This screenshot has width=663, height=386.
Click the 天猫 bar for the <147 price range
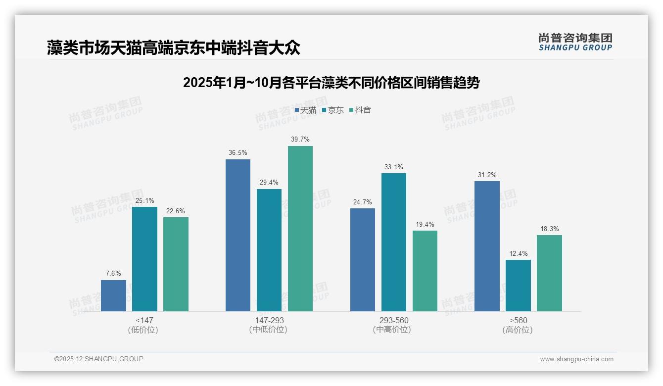pos(113,295)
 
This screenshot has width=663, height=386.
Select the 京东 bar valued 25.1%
pos(144,259)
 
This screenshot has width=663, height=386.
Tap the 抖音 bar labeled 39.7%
pos(300,229)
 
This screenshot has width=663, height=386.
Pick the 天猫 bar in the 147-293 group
pos(238,235)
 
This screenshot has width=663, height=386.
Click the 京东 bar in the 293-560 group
pos(394,242)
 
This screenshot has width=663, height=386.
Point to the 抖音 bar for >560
pos(549,273)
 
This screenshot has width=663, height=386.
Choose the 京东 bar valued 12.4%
pos(518,286)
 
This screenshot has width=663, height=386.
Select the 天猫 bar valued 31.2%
pos(487,246)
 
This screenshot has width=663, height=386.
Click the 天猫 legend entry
pos(305,110)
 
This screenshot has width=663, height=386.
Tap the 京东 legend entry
pos(333,110)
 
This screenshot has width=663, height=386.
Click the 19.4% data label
pos(425,225)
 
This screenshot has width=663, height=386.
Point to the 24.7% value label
pos(363,202)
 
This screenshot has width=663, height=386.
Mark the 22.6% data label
pos(176,211)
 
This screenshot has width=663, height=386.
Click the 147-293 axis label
pos(269,321)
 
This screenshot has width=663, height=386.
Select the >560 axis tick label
pos(518,321)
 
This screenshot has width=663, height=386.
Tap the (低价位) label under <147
pos(144,330)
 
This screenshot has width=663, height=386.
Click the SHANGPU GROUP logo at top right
pos(575,42)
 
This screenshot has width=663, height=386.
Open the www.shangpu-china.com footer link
pos(576,359)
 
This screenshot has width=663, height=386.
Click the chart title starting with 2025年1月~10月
pos(331,83)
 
